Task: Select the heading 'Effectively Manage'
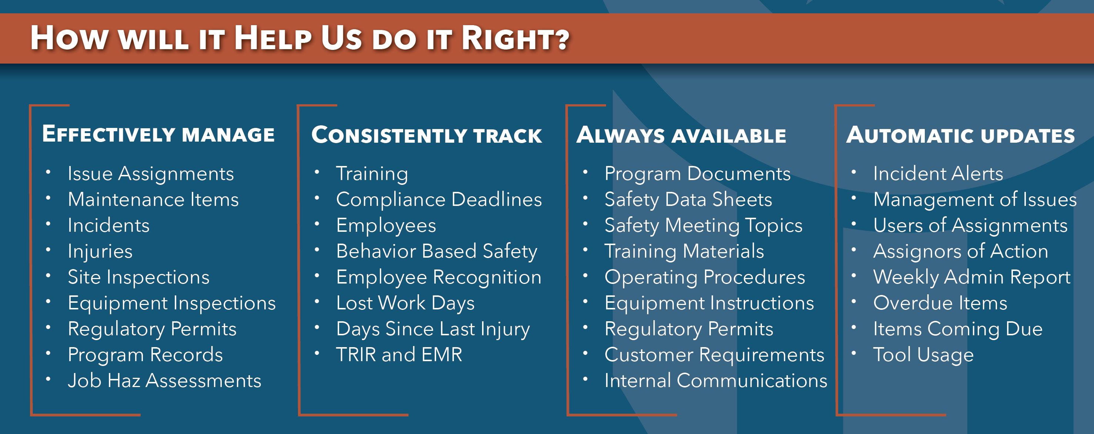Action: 158,134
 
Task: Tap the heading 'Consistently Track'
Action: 426,135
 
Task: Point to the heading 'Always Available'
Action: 681,135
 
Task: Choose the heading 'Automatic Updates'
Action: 961,135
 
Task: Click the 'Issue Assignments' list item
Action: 151,173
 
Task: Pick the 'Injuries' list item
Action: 100,251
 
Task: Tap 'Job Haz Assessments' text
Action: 165,380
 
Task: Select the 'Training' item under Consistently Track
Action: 372,173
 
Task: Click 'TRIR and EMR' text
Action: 399,355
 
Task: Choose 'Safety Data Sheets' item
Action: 688,199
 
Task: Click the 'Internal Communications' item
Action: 716,380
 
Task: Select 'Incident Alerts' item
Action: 938,173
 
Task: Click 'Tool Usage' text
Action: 924,355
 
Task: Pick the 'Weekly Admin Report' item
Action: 972,277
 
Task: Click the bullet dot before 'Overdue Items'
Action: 854,302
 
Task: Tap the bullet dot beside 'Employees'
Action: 317,224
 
